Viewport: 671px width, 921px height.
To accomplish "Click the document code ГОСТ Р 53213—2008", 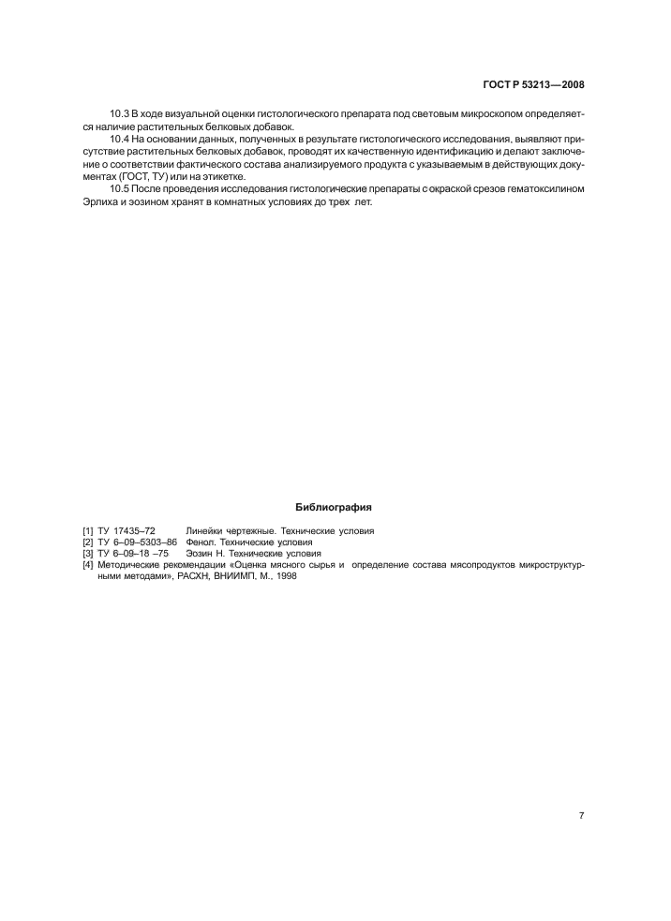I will pos(533,84).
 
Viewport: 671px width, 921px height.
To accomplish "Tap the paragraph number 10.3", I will pos(120,114).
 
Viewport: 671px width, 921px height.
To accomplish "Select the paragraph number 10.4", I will pos(120,140).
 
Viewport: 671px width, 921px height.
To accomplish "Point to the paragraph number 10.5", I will pos(120,190).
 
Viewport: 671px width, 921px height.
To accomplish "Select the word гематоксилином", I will pos(544,190).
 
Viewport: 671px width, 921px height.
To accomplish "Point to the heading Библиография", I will pos(334,507).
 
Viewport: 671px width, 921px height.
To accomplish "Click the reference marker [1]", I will pos(88,530).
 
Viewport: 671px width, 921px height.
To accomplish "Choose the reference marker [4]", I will pos(88,565).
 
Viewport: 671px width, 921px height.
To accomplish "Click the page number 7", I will pos(581,816).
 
